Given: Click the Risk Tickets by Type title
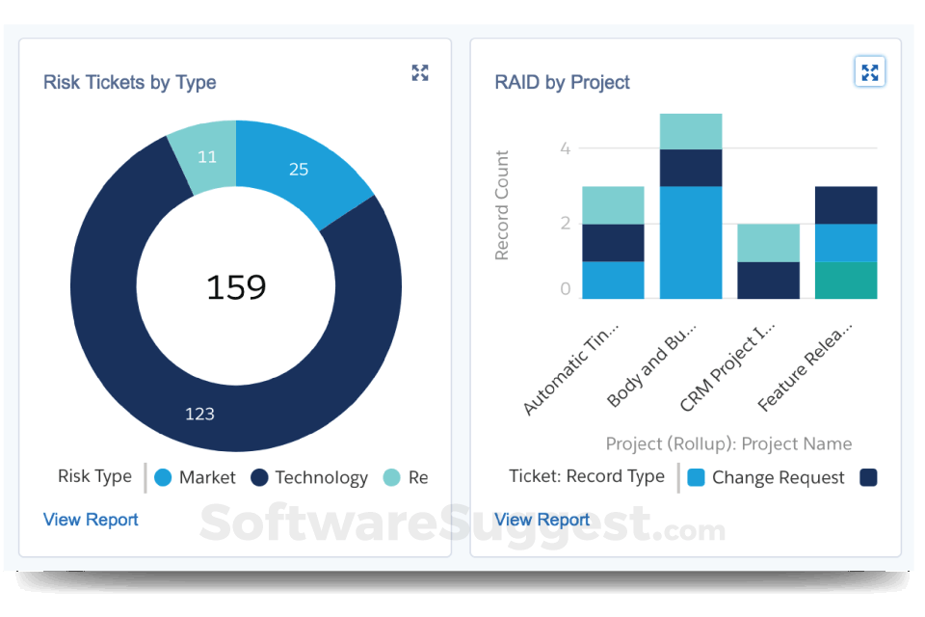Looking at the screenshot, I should pos(129,82).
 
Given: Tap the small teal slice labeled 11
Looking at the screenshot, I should pos(205,157).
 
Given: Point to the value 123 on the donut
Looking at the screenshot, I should pos(199,414).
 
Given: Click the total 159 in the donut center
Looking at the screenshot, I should pos(236,286).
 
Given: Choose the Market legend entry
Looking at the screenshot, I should pos(196,477).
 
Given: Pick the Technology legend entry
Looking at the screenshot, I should pos(309,477).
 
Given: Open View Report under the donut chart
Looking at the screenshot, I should pos(91,520).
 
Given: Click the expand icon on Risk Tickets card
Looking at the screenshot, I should pos(420,72).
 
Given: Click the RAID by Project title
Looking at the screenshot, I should pos(562,82).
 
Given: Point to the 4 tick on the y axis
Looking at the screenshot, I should pos(566,148).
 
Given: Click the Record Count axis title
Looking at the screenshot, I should pos(502,205).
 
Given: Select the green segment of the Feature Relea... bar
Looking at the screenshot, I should pos(845,281).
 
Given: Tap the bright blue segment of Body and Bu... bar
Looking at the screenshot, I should pos(690,242).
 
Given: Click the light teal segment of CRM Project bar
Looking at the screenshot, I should pos(768,243).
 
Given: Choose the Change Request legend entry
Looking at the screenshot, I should pos(766,477).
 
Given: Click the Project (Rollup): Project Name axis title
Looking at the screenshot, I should pos(728,443).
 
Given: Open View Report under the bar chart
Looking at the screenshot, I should pos(542,520).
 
